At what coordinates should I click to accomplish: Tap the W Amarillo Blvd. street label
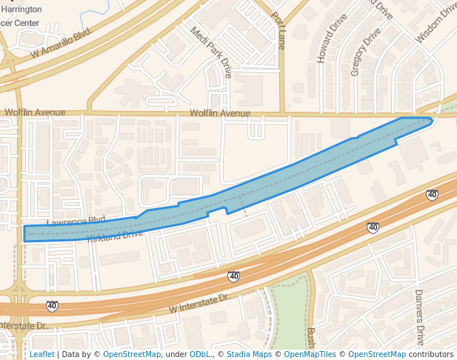[x=61, y=44]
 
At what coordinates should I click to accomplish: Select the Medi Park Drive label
[x=211, y=53]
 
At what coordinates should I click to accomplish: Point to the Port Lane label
[x=278, y=30]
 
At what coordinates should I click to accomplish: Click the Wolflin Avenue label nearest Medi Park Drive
[x=220, y=113]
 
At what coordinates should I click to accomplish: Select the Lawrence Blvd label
[x=76, y=221]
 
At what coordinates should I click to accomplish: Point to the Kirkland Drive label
[x=115, y=236]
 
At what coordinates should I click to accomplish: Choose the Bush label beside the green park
[x=311, y=337]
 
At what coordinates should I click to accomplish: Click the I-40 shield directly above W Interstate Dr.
[x=233, y=276]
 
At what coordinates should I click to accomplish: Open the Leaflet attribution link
[x=41, y=354]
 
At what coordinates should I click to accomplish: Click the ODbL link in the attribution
[x=199, y=354]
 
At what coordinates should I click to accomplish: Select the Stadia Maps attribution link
[x=249, y=354]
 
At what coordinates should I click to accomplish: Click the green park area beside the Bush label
[x=289, y=304]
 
